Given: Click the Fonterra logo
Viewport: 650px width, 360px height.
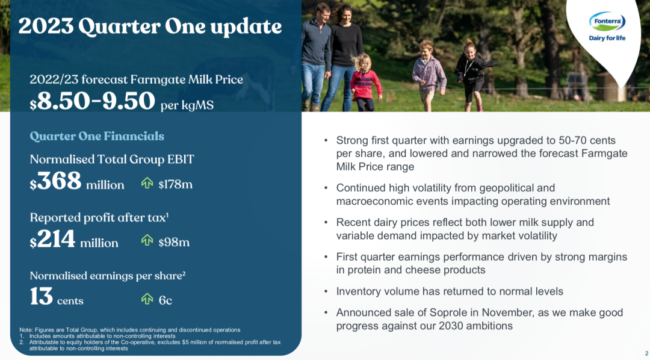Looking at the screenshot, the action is pos(607,26).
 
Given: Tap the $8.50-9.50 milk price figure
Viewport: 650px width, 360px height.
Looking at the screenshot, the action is pos(93,101).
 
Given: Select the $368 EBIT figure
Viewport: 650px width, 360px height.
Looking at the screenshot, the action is pos(55,182).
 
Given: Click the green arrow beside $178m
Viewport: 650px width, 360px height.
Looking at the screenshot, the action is pos(147,183).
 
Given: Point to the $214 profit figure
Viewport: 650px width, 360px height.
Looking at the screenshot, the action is pos(52,240).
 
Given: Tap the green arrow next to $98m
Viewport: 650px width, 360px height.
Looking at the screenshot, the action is pos(147,240).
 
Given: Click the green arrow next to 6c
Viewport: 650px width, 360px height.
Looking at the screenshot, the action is pos(147,298).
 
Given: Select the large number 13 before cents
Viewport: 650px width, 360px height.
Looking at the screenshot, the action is pos(42,297).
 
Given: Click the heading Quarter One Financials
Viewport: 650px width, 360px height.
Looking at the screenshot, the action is pos(97,136).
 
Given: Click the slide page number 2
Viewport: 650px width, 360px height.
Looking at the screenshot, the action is pos(646,353).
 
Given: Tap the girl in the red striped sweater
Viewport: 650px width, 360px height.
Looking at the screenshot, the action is pos(365,82).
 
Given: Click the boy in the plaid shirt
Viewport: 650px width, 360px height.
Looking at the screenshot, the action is pos(429,75).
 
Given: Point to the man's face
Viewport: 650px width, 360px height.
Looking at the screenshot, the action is pos(323,13).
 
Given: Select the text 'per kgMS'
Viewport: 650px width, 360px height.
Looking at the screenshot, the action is pos(187,105).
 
